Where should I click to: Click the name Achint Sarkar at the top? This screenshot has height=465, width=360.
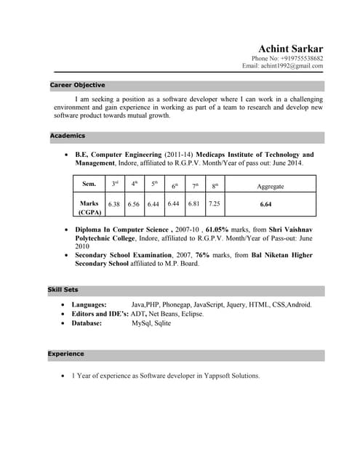(x=290, y=48)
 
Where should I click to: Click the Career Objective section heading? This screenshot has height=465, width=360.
(x=77, y=85)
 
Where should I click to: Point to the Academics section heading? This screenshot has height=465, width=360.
(x=68, y=136)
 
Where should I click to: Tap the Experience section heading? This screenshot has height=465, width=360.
(x=66, y=354)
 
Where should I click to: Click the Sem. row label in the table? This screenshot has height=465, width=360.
(x=89, y=185)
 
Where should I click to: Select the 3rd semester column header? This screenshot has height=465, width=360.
(x=115, y=185)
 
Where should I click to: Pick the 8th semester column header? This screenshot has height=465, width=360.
(x=215, y=186)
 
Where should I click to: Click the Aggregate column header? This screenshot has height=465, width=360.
(x=271, y=186)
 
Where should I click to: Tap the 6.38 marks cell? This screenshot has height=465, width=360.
(x=114, y=204)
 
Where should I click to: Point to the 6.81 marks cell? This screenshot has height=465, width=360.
(x=194, y=204)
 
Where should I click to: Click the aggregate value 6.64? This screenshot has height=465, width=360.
(x=265, y=204)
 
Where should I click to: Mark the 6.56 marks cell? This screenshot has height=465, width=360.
(x=133, y=204)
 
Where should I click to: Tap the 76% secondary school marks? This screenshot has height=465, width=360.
(x=203, y=255)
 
